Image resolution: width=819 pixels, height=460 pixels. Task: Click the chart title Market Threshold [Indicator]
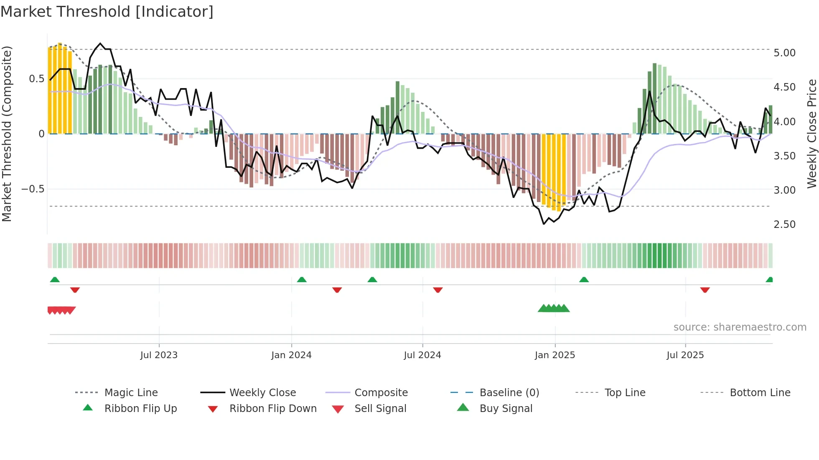tap(107, 12)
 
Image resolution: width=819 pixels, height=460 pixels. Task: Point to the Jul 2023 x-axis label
tap(159, 355)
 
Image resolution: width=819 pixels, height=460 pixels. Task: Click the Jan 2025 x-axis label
tap(555, 355)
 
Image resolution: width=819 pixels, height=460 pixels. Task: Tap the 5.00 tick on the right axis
tap(784, 53)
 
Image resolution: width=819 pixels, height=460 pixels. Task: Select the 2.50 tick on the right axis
tap(784, 225)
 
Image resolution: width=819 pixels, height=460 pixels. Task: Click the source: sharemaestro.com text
tap(740, 327)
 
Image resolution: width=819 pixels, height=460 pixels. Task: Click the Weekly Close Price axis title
tap(811, 134)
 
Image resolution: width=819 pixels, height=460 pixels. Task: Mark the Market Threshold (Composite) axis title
tap(7, 134)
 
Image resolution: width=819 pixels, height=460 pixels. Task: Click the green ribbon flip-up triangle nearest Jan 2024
tap(302, 280)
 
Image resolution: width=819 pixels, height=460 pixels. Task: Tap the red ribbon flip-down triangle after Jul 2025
tap(705, 290)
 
